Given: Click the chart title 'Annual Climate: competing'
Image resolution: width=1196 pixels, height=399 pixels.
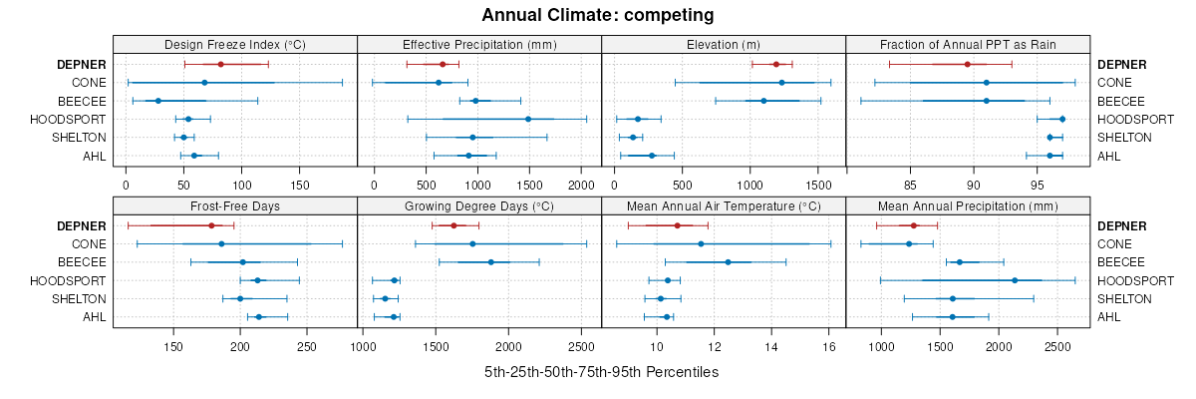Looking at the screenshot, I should coord(597,15).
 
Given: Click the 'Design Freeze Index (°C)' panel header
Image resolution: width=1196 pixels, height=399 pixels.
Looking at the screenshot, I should coord(234,44).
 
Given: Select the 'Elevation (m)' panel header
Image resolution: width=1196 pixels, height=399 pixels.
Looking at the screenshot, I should coord(724,44).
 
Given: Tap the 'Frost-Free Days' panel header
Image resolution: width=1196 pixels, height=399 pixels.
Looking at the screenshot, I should coord(234,206).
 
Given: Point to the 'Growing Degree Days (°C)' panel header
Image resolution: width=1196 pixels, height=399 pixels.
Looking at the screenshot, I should coord(478,206).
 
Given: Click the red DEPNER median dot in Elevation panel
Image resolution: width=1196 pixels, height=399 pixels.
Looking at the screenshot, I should coord(776,64).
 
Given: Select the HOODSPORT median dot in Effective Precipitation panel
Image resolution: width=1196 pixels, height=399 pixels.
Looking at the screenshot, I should coord(528,119).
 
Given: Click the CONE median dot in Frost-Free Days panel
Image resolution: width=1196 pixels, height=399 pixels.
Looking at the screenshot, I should coord(221,243).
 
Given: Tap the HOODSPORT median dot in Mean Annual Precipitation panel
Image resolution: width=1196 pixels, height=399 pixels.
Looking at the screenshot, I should coord(1015,280).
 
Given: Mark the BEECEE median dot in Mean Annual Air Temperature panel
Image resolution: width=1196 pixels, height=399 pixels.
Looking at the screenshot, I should coord(728,262).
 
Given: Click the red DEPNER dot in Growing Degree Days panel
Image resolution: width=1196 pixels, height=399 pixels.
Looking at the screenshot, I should coord(453,225).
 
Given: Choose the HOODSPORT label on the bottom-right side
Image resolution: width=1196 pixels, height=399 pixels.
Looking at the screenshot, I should coord(1135,280).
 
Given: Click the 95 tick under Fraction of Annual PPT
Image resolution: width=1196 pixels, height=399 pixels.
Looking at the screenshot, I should coord(1038,185).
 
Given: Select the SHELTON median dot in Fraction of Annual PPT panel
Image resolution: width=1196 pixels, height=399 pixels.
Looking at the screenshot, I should coord(1049,137).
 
